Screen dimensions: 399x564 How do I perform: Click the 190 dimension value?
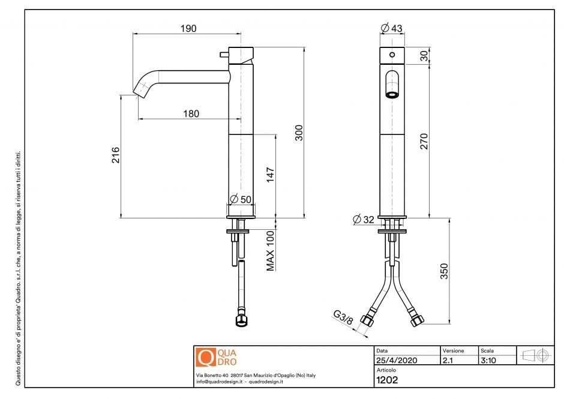tap(188, 28)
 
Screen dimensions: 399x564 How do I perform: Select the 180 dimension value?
tap(191, 114)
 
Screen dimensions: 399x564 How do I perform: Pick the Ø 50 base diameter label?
tap(241, 199)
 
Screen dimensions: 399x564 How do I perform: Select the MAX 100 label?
tap(271, 251)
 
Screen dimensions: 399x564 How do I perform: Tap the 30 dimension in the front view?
tap(424, 55)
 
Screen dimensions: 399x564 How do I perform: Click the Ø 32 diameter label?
tap(364, 220)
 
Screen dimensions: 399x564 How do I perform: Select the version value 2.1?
tap(448, 361)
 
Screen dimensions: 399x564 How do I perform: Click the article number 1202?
tap(387, 379)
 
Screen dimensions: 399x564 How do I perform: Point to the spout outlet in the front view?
tap(391, 94)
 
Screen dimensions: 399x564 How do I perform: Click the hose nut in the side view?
tap(241, 319)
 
